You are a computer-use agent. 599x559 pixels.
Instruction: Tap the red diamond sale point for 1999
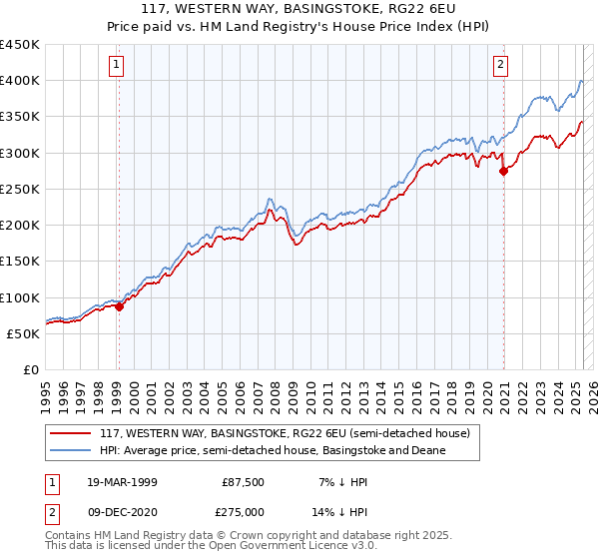click(x=119, y=306)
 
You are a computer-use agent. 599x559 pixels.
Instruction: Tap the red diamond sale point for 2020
click(x=503, y=171)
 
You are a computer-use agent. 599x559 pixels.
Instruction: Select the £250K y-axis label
click(x=20, y=189)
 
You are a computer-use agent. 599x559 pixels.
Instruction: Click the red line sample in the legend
click(x=70, y=433)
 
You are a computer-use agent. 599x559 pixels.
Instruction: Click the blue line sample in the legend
click(x=70, y=450)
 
